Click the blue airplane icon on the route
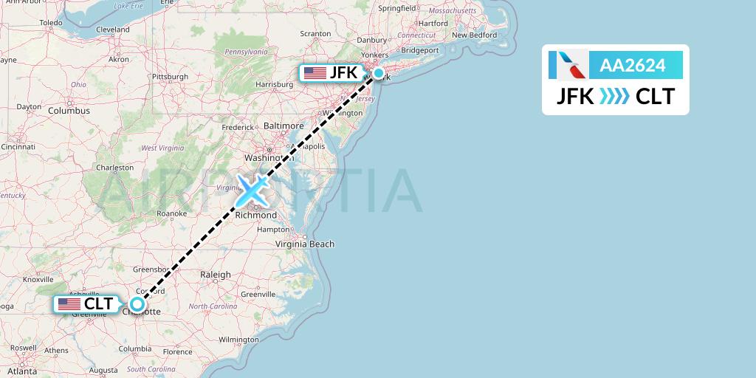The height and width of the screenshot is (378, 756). coord(252,190)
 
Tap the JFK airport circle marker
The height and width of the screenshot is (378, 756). coord(379,73)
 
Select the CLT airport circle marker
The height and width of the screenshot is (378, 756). coord(137,303)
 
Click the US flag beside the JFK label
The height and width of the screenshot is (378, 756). coord(315,73)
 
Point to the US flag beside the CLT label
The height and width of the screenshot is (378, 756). coord(69,303)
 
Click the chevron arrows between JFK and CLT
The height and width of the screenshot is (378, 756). coord(614,97)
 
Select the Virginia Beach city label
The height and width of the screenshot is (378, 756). coord(305,244)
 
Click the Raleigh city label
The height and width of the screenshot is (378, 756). coord(216,275)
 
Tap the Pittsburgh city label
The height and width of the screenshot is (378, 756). coord(171,77)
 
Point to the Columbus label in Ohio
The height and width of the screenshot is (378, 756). coord(69,111)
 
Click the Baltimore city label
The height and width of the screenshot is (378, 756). coord(284,126)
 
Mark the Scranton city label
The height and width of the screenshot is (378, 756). coord(315,34)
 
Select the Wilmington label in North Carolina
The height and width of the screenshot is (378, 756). coord(238,340)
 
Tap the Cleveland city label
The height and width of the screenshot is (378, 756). coord(112,30)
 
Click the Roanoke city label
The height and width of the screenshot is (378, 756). coord(172,213)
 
